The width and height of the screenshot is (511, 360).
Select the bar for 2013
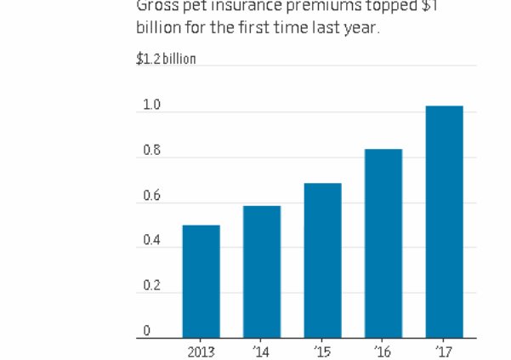(x=201, y=282)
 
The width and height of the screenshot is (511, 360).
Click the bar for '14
(x=261, y=271)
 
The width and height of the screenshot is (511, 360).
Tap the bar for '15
(x=322, y=260)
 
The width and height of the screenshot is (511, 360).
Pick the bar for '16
(x=383, y=243)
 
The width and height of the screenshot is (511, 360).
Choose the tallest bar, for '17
(x=444, y=222)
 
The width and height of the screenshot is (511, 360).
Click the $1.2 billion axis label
(x=166, y=59)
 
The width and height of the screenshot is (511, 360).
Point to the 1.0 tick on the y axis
(x=151, y=106)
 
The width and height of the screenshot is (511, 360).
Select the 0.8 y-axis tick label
(x=151, y=151)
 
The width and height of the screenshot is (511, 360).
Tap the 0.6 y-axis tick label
(x=151, y=196)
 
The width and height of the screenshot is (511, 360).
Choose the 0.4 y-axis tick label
(x=151, y=241)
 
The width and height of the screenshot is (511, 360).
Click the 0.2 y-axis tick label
(x=151, y=286)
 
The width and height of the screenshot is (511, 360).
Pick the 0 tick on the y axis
(x=146, y=330)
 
